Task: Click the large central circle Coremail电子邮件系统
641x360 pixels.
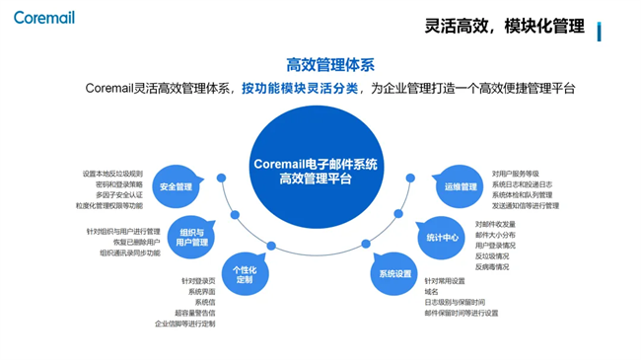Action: [x=315, y=171]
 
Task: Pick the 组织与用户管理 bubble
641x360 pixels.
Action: [x=192, y=237]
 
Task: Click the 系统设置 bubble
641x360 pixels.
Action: [x=390, y=273]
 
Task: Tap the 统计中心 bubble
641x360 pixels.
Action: [x=442, y=237]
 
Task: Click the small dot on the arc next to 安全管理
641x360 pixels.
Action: [x=221, y=179]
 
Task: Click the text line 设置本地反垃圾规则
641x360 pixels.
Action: [x=112, y=174]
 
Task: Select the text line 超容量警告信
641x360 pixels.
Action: [x=189, y=313]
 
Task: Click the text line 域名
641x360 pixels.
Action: [x=431, y=292]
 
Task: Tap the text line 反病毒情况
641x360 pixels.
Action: [x=492, y=266]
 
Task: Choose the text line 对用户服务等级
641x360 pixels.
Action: [x=516, y=174]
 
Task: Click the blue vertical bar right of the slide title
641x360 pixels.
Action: [x=600, y=30]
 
